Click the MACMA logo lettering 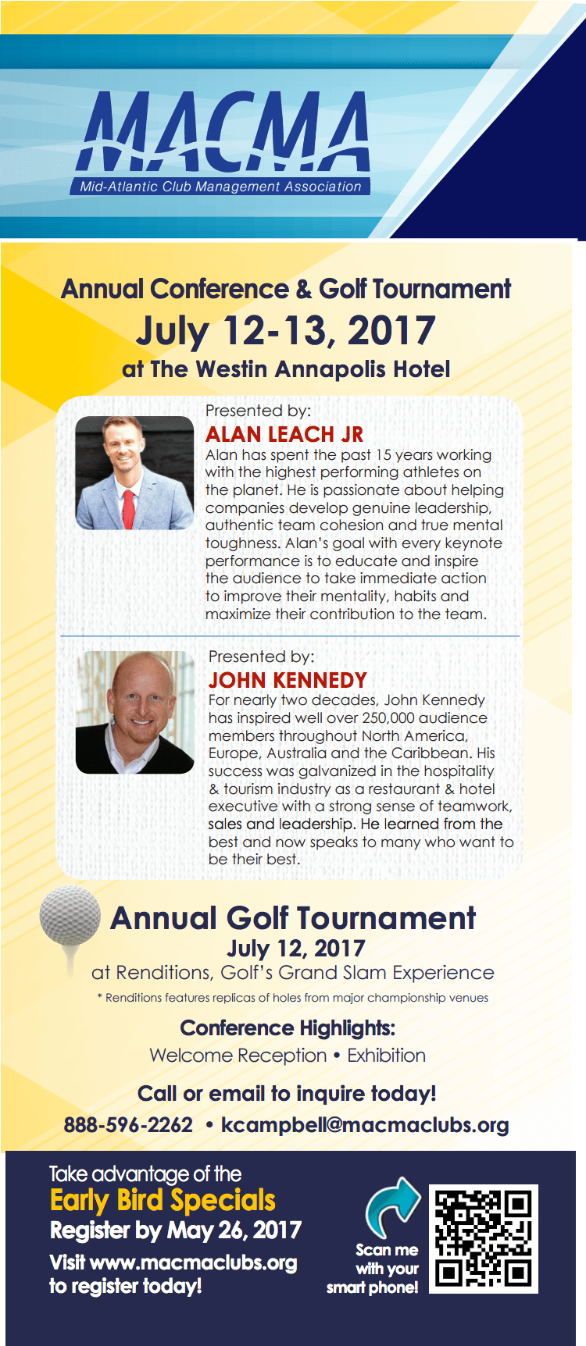(223, 131)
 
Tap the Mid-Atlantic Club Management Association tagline (220, 187)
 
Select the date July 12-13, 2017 (285, 331)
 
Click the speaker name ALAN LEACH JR (284, 434)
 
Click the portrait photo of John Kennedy (134, 712)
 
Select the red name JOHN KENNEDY (287, 680)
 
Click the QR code (484, 1238)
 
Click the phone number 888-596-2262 (128, 1125)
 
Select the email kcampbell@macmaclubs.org (365, 1125)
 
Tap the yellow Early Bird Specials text (163, 1200)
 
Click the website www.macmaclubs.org (193, 1262)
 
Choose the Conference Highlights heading (288, 1027)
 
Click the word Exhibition (386, 1056)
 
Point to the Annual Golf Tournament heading (293, 918)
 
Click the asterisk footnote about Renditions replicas (293, 998)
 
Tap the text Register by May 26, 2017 (175, 1230)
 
